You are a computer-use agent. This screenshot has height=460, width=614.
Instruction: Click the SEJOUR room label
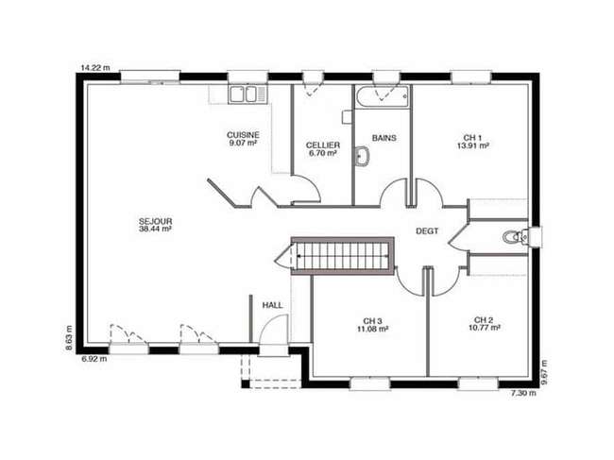[x=156, y=221]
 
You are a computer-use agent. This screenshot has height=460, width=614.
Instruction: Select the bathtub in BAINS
[x=383, y=96]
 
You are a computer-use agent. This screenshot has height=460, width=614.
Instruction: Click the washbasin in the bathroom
[x=362, y=157]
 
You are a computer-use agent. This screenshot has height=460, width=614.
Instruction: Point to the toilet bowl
[x=513, y=237]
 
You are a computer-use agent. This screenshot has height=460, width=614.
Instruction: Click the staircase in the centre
[x=343, y=256]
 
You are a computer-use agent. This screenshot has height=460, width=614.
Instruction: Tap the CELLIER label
[x=323, y=145]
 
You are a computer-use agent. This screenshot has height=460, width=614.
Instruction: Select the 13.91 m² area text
[x=472, y=146]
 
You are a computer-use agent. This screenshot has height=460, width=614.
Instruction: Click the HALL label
[x=273, y=305]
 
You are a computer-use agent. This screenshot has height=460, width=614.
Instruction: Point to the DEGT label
[x=427, y=231]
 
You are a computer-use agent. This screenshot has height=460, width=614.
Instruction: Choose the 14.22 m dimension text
[x=95, y=68]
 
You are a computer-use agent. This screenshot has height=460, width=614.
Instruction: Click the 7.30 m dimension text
[x=523, y=393]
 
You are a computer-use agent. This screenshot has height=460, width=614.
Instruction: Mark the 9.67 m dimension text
[x=543, y=373]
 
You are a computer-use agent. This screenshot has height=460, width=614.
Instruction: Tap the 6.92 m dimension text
[x=94, y=359]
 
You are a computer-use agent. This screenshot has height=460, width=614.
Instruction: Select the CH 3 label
[x=372, y=321]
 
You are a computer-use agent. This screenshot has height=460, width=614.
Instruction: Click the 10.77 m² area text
[x=484, y=328]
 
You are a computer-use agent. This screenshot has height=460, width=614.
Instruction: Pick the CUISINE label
[x=243, y=135]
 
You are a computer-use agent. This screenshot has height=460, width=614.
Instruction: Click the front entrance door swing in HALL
[x=274, y=330]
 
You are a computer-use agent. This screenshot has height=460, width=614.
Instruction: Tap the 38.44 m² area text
[x=156, y=229]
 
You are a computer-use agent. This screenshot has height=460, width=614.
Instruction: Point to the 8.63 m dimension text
[x=69, y=337]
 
